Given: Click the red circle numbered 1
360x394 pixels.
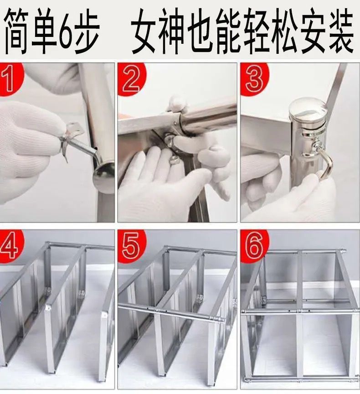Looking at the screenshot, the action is [x=10, y=79].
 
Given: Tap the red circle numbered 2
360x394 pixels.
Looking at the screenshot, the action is [x=130, y=79].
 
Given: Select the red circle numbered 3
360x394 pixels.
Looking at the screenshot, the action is [x=253, y=79].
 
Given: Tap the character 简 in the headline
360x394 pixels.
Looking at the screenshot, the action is [x=17, y=31].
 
